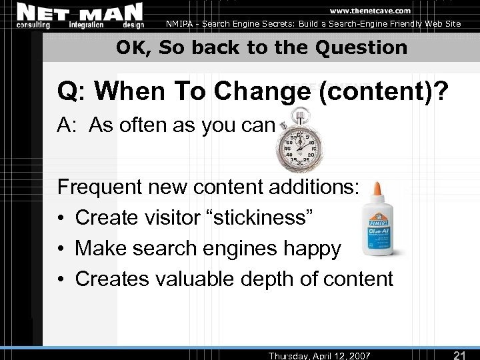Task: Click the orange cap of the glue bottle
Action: pyautogui.click(x=377, y=189)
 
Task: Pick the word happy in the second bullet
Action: pyautogui.click(x=310, y=249)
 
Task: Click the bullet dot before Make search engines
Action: pyautogui.click(x=62, y=249)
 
